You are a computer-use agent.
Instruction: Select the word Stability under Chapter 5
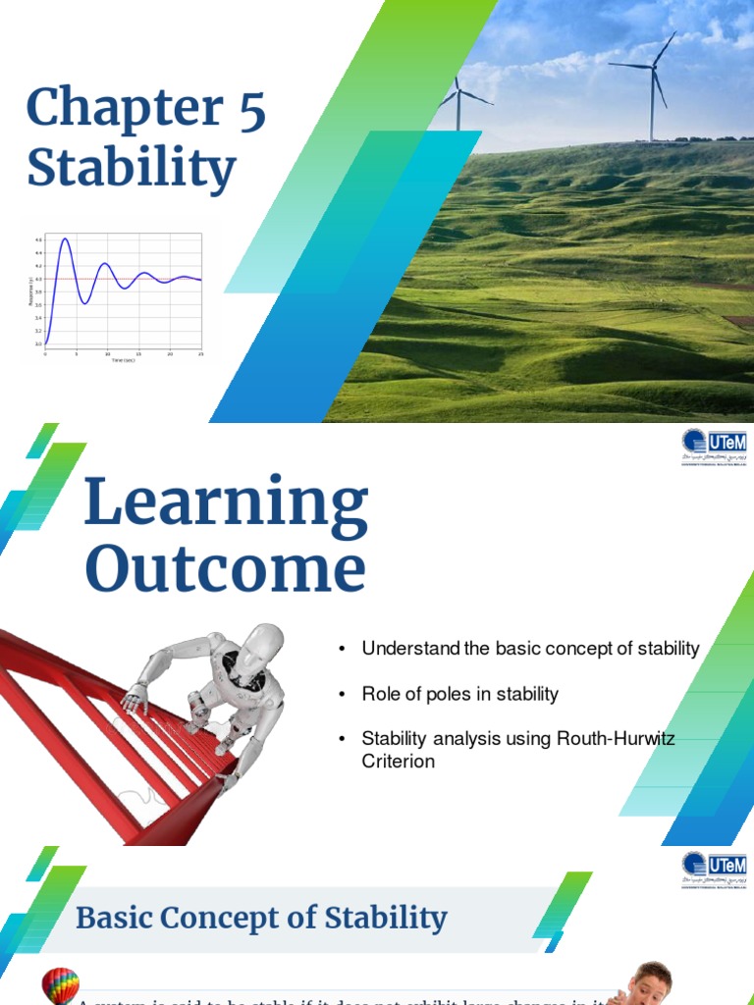tap(132, 168)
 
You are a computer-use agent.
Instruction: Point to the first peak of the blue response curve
tap(65, 239)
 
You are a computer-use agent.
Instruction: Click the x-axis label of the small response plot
tap(122, 361)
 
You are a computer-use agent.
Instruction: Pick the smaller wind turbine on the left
tap(458, 102)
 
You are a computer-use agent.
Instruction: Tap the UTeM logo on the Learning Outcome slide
tap(714, 448)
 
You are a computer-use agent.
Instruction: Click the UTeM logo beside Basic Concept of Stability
tap(714, 870)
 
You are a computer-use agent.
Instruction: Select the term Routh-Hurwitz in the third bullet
tap(618, 739)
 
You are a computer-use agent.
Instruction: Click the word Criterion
tap(398, 762)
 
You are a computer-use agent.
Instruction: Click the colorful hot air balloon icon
tap(61, 985)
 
